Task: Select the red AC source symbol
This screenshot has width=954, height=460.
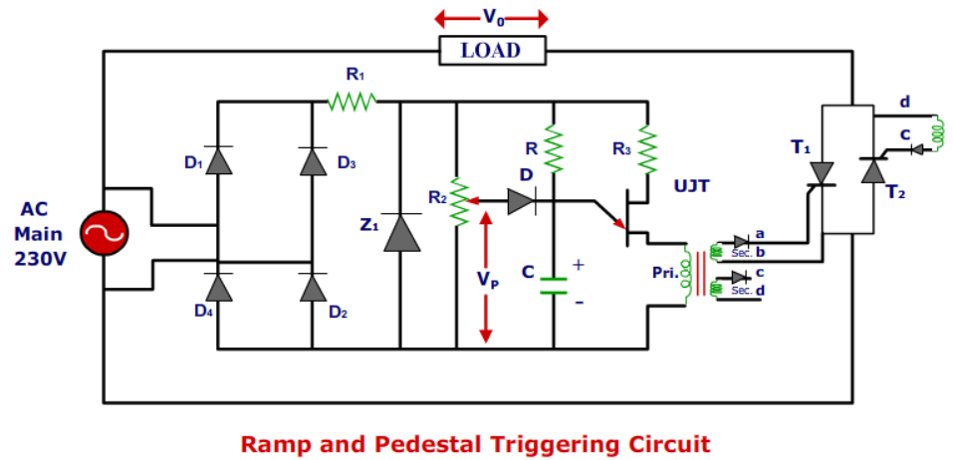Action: coord(103,235)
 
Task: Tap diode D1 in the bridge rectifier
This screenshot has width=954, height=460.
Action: coord(218,159)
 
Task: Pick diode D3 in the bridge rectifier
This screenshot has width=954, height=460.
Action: coord(313,159)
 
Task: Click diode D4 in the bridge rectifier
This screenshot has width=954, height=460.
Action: coord(218,287)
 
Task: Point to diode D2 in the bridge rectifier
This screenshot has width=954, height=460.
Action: coord(313,287)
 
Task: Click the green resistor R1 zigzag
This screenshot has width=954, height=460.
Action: coord(353,101)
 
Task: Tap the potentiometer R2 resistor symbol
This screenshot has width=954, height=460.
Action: coord(457,201)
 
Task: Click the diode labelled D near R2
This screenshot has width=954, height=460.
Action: coord(520,201)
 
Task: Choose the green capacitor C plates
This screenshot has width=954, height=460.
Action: coord(554,287)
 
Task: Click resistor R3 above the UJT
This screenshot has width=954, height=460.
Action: coord(648,149)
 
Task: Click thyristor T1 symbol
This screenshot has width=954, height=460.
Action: coord(822,173)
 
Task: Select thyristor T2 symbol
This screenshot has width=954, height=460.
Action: coord(873,170)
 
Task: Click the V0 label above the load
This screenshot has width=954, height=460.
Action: coord(492,17)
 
